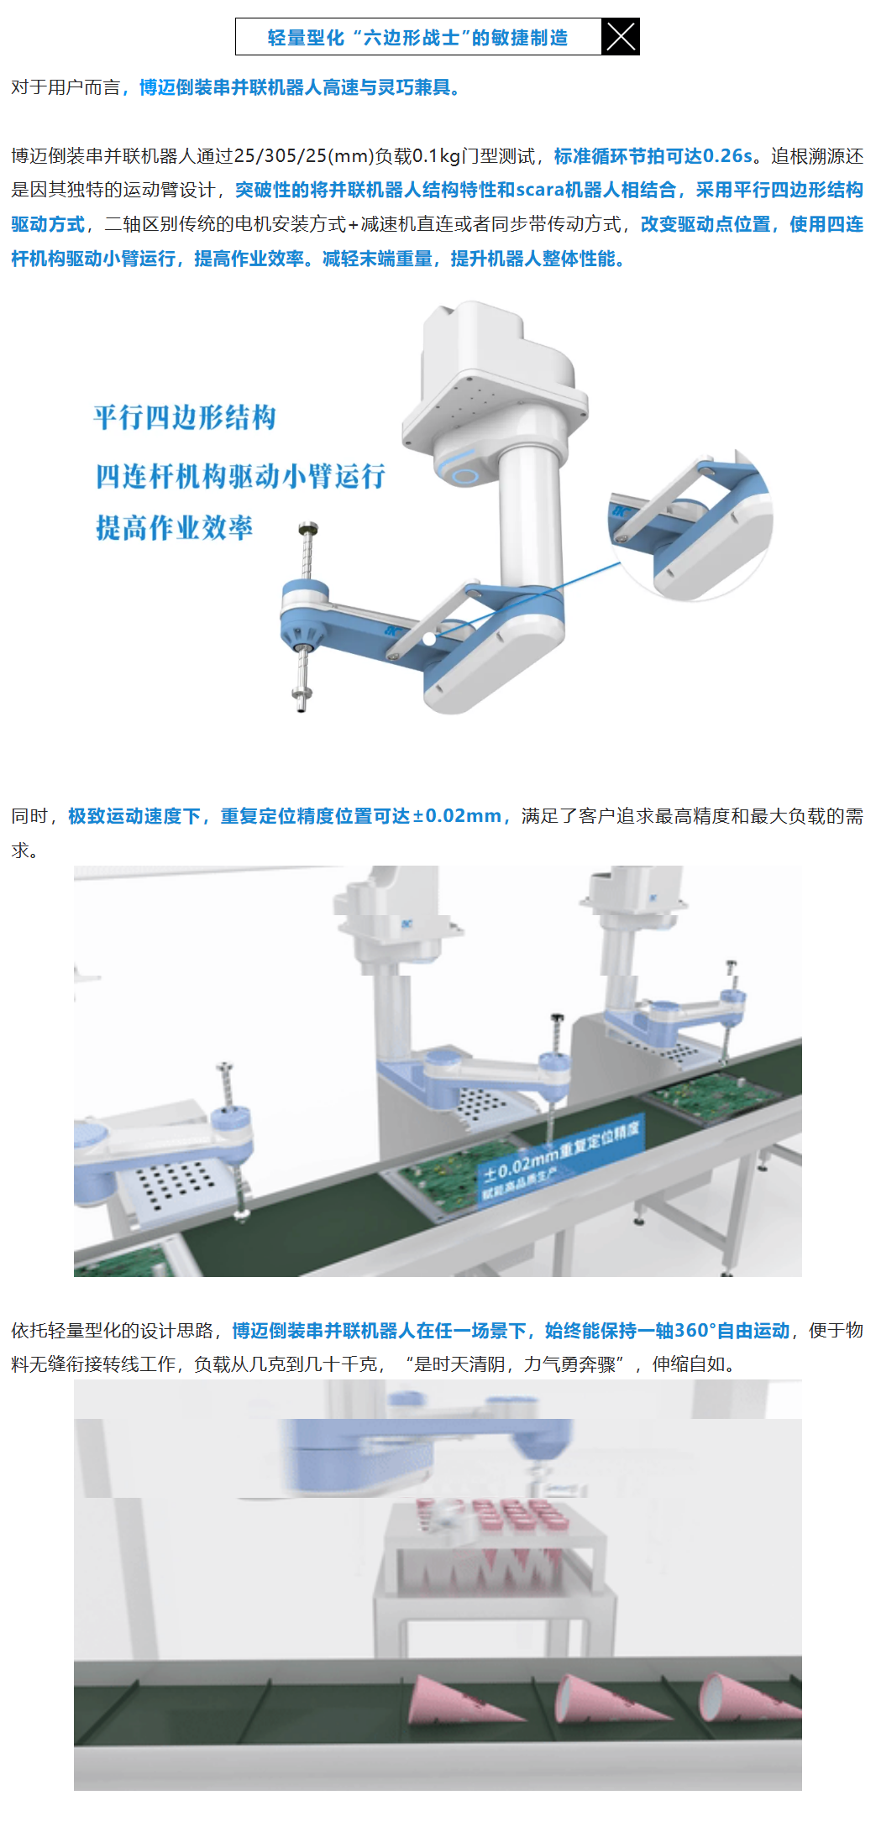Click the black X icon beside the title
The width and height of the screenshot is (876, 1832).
[x=621, y=37]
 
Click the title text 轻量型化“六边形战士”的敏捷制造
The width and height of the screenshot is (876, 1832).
[x=417, y=38]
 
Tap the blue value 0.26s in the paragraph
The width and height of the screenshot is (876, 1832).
[x=727, y=156]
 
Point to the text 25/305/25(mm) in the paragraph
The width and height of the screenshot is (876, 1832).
[x=303, y=156]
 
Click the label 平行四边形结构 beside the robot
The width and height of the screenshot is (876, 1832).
[x=185, y=417]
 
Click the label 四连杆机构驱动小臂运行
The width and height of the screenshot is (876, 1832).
[x=240, y=476]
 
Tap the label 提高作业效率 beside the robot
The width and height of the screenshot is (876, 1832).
[x=174, y=528]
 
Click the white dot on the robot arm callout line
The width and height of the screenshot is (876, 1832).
[x=429, y=639]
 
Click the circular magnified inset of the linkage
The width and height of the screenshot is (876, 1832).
[x=690, y=525]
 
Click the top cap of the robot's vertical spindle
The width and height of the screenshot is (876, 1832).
[x=308, y=529]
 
